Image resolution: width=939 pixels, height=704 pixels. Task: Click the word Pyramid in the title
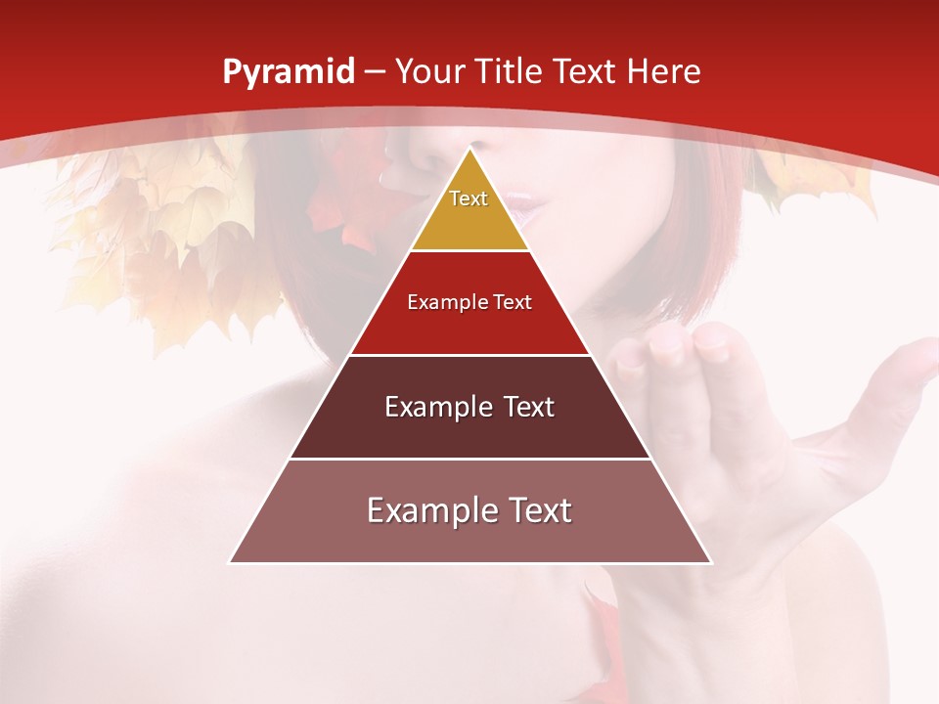(288, 72)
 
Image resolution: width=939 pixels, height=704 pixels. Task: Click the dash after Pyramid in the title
(376, 72)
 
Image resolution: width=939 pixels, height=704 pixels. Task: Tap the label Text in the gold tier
(469, 198)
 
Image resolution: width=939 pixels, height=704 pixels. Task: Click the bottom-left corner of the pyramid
(230, 562)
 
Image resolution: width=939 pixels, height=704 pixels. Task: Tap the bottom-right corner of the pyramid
(711, 562)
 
